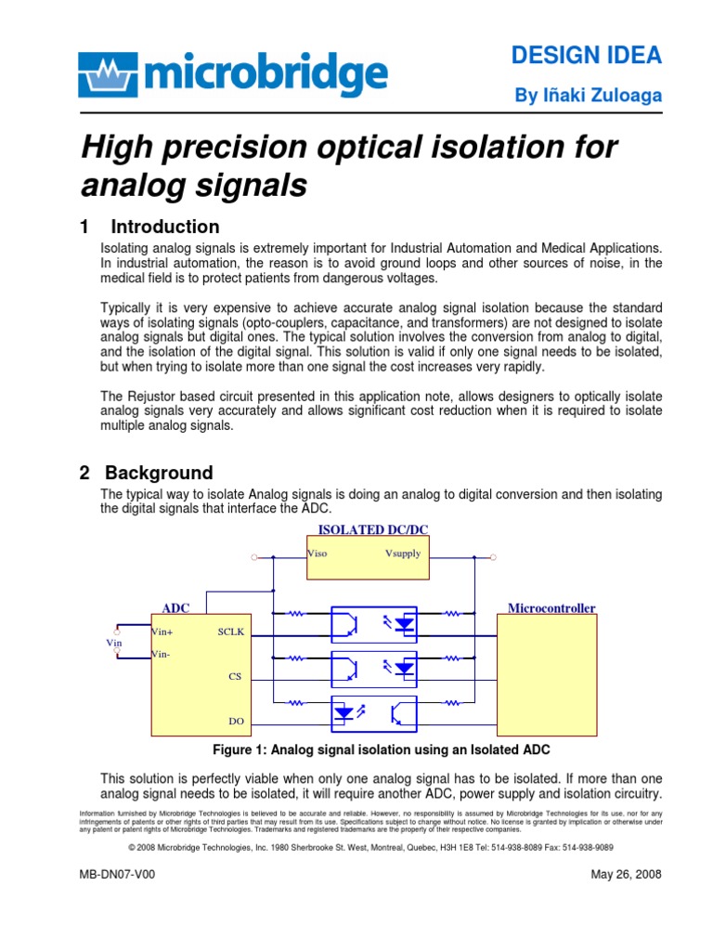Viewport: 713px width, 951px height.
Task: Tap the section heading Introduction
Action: point(164,227)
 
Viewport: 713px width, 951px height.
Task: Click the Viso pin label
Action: point(318,554)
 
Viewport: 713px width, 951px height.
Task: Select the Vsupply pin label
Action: point(402,554)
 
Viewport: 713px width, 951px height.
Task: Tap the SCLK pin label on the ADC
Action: point(229,631)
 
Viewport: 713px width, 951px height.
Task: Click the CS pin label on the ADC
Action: point(234,676)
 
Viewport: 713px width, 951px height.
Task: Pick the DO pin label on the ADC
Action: point(235,720)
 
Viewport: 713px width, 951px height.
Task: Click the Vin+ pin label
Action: point(162,631)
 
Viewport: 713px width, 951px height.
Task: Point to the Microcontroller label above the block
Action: point(551,608)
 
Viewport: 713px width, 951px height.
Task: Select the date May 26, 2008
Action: point(626,875)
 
